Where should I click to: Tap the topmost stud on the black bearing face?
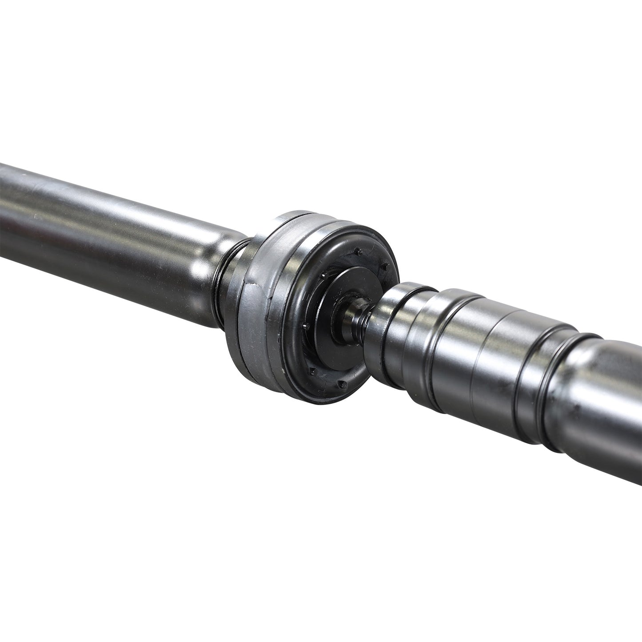[x=359, y=253]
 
